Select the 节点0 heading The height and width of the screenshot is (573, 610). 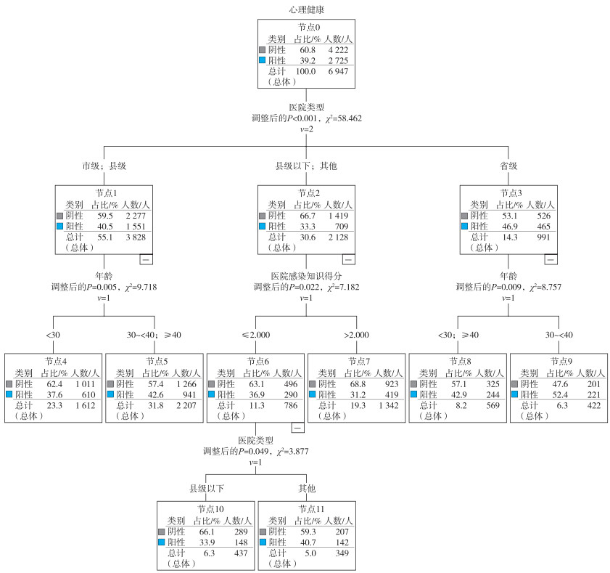(x=305, y=27)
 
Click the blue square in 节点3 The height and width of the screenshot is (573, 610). (x=465, y=227)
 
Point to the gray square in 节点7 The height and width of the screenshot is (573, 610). (x=313, y=383)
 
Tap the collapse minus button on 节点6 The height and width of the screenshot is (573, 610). (x=297, y=427)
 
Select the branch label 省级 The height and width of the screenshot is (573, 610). (x=508, y=166)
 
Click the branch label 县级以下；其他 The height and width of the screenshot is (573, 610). (x=305, y=166)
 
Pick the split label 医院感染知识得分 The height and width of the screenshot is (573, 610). (x=305, y=276)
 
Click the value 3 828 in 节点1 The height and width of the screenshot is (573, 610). (x=135, y=237)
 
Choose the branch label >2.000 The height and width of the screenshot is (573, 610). (x=356, y=335)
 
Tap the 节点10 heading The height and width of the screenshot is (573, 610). (x=205, y=508)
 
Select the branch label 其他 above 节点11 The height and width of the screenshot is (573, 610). (x=306, y=487)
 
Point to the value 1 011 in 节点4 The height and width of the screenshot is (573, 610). (x=84, y=383)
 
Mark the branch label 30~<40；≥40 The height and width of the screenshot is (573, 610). (x=153, y=335)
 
